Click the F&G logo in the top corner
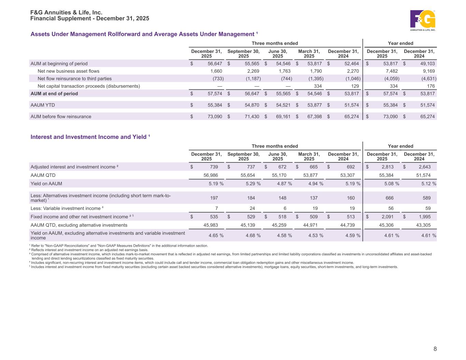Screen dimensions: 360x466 pos(423,20)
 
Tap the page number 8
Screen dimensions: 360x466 pos(435,349)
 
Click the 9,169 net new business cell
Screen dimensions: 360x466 pos(428,71)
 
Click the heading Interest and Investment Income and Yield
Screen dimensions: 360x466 pos(90,137)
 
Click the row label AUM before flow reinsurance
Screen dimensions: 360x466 pos(61,116)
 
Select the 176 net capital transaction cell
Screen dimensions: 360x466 pos(430,86)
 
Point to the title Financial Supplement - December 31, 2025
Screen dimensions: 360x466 pos(90,18)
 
